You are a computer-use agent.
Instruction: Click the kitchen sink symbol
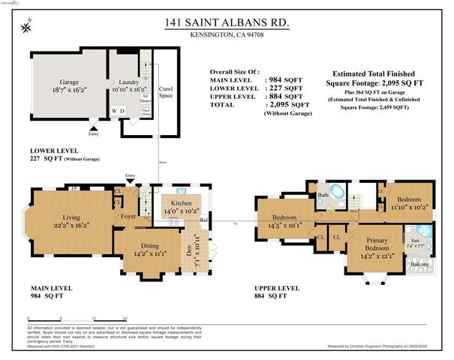pyautogui.click(x=182, y=190)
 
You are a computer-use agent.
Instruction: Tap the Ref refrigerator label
pyautogui.click(x=204, y=220)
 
